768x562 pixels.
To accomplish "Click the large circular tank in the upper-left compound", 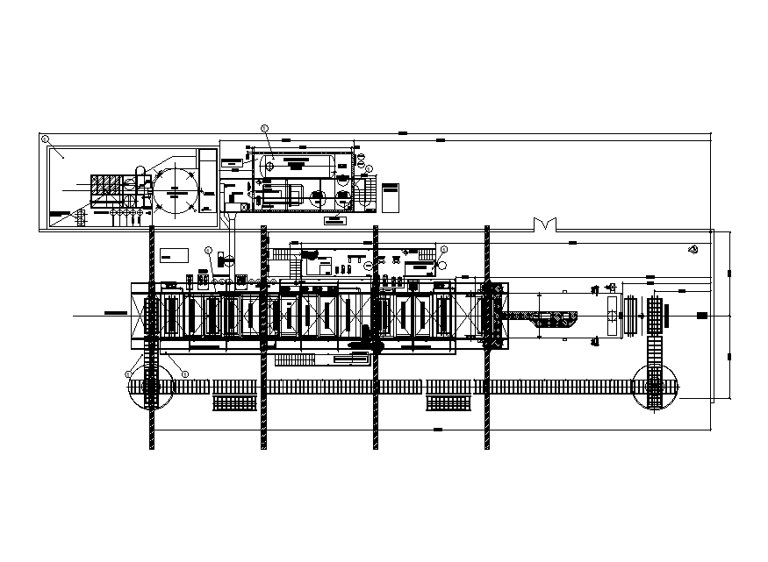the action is coord(178,188).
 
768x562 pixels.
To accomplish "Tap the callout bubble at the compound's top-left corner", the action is coord(45,138).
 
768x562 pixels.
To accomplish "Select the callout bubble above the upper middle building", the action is coord(265,128).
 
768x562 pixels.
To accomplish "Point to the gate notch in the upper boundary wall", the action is coord(546,225).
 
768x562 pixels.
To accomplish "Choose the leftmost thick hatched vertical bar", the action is coord(153,338).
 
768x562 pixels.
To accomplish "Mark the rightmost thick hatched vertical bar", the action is coord(487,338).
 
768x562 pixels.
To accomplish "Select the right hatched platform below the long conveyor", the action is coord(449,403).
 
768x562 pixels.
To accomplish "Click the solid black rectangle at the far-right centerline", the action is coord(701,315).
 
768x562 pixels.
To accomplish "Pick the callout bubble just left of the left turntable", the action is coord(128,373).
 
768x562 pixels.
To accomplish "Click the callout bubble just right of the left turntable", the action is coord(185,374).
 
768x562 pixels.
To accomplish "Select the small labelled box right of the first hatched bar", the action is coord(173,254).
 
